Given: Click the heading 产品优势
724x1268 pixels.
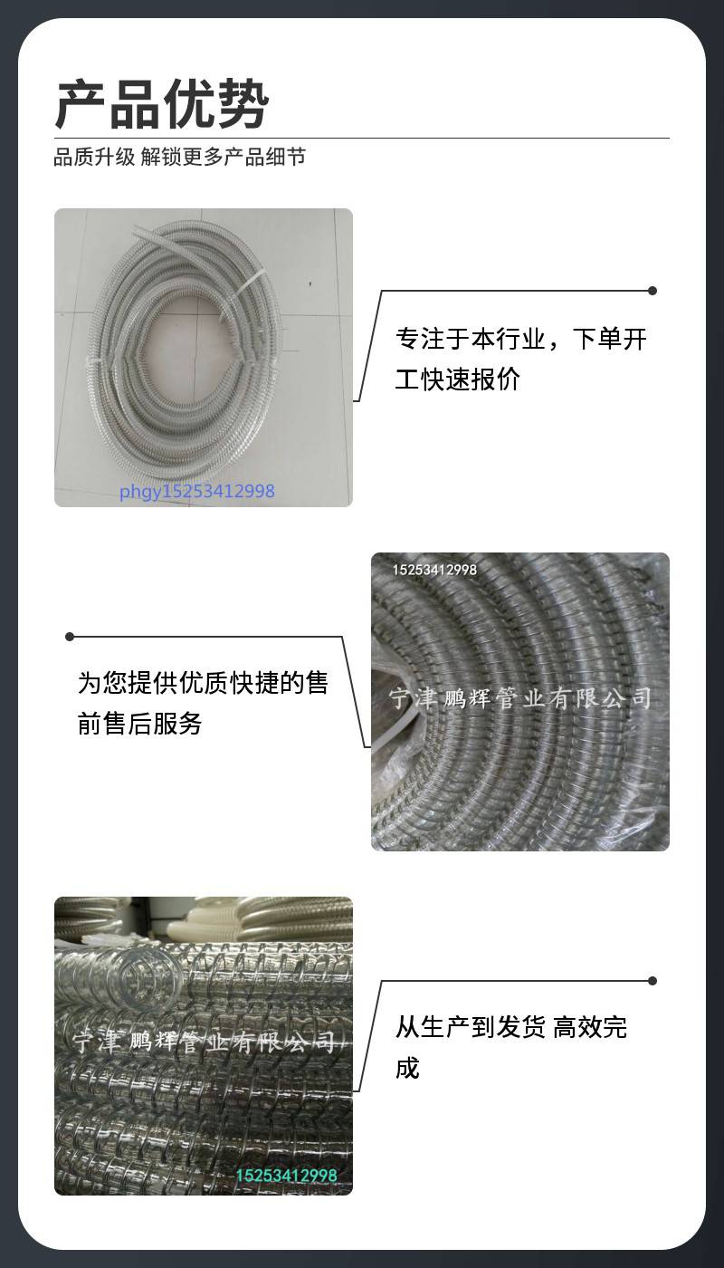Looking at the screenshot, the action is coord(162,104).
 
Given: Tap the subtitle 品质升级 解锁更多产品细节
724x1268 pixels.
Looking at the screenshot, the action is coord(180,157).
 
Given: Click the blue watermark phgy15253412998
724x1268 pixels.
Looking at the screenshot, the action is coord(197,491).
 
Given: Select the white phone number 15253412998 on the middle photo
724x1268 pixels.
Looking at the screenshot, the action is coord(434,570).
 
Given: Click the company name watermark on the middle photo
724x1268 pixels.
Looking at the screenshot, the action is coord(519,698).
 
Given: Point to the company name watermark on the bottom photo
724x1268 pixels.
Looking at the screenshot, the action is coord(204,1042).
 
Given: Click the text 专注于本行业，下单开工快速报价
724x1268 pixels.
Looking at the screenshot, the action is coord(520,359).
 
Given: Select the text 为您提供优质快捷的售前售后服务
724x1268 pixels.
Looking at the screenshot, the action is coord(203,703).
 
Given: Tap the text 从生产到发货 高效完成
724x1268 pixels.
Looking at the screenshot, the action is coord(510,1047).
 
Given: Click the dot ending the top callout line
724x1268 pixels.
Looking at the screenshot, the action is coord(653,291).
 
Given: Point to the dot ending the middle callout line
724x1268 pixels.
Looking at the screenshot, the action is coord(71,637).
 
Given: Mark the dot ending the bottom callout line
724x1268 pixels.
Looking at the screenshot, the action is coord(653,980).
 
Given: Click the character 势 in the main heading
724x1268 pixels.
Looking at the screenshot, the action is coord(243,104).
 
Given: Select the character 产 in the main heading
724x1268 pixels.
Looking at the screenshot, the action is coord(81,104).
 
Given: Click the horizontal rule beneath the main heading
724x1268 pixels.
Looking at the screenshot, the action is coord(362,138).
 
